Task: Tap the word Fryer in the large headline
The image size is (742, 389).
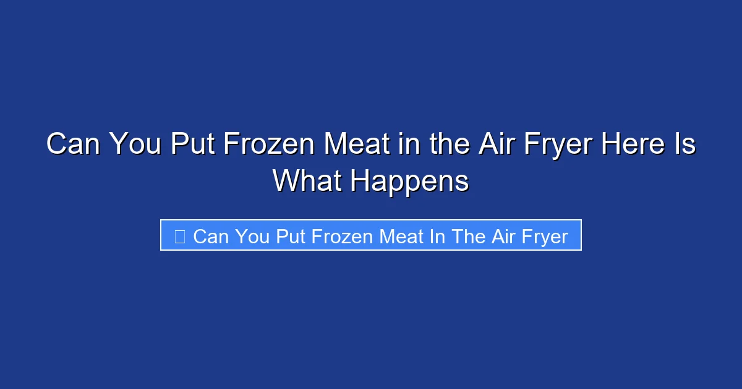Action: [x=556, y=145]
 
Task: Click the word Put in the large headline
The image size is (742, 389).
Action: [x=194, y=145]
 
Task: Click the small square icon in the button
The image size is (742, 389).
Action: [x=179, y=236]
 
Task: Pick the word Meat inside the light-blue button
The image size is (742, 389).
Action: [x=401, y=236]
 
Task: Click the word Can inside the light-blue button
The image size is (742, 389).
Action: [x=210, y=236]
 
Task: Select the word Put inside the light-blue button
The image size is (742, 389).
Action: [x=288, y=236]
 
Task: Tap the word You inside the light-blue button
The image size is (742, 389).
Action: [x=251, y=236]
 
